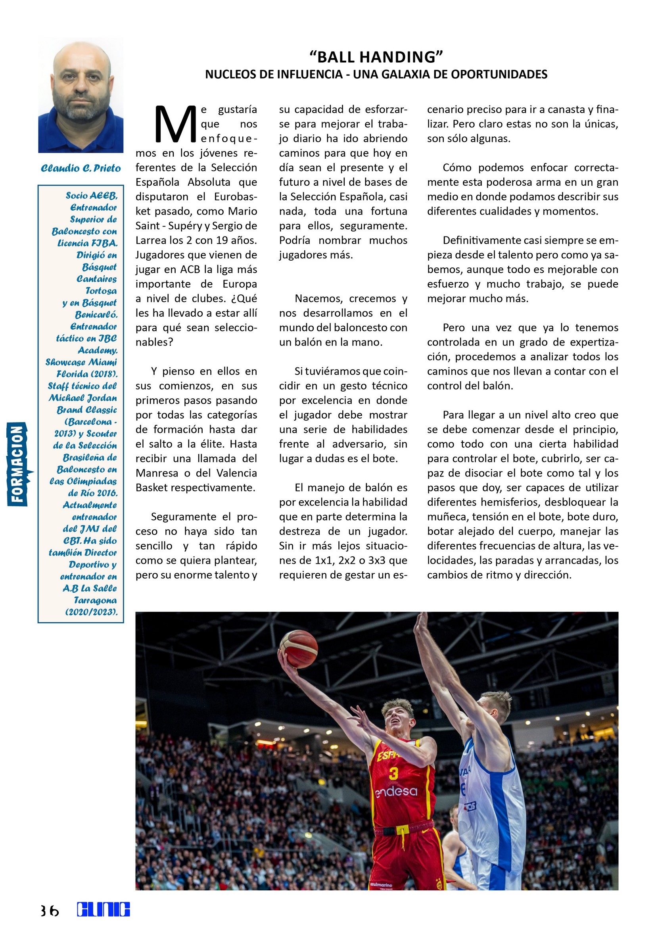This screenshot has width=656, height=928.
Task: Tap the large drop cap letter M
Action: coord(175,125)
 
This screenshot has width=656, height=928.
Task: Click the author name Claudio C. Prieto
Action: coord(81,168)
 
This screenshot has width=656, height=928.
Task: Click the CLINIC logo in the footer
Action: coord(104,910)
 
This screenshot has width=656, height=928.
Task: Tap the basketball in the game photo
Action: coord(299,649)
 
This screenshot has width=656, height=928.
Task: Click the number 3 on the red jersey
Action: coord(393,774)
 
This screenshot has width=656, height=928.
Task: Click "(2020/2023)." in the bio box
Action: coord(92,612)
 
